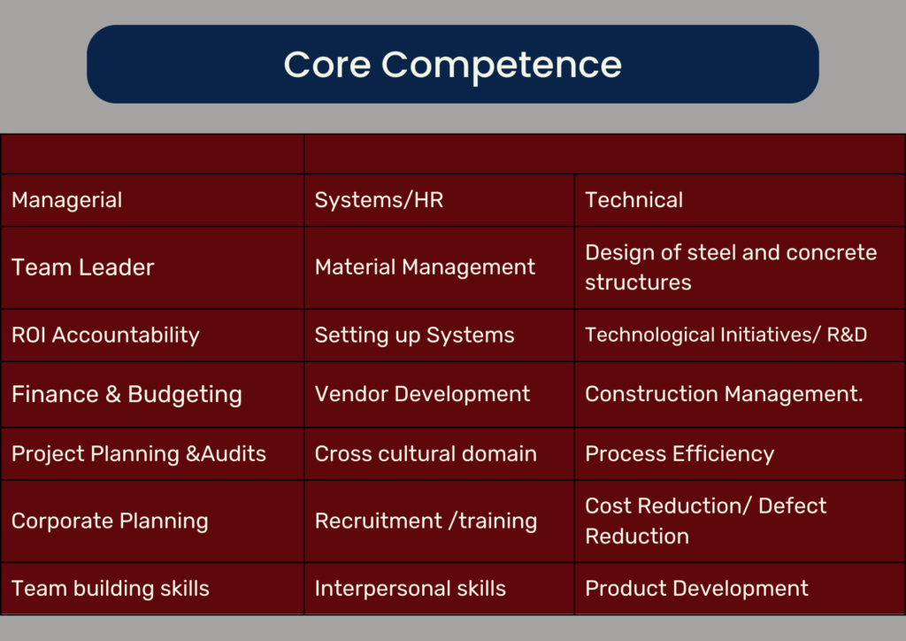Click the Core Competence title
point(452,64)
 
